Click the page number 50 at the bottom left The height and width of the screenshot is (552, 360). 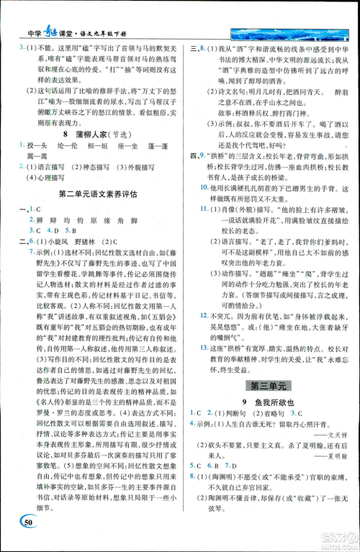point(29,522)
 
